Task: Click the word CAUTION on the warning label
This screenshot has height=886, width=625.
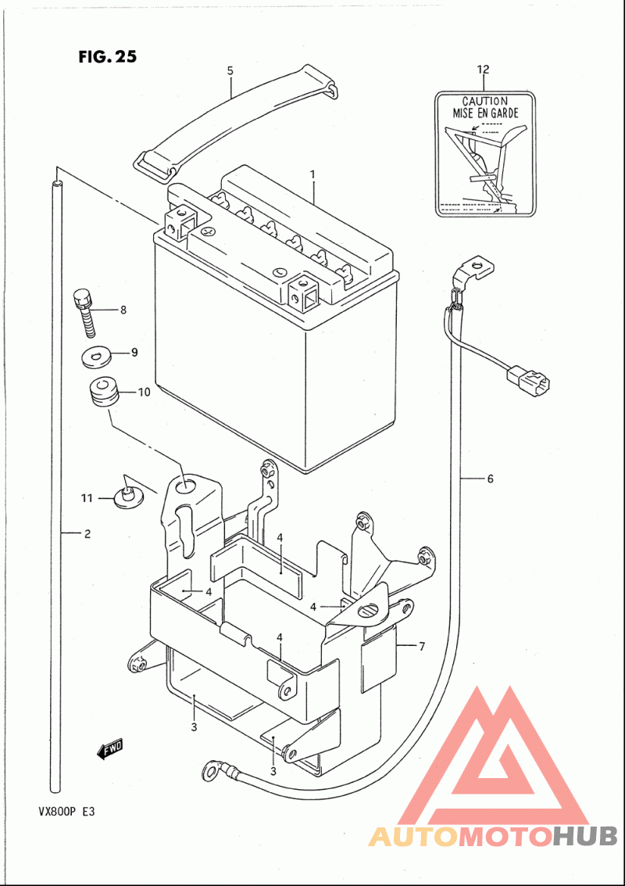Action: [x=484, y=101]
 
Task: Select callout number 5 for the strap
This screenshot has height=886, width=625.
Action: [x=230, y=71]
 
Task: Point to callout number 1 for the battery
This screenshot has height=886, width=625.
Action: [x=312, y=173]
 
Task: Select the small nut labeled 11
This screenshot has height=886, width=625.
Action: [x=126, y=495]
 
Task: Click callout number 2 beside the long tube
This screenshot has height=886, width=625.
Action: [x=87, y=535]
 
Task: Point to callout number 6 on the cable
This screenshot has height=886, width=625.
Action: [x=490, y=479]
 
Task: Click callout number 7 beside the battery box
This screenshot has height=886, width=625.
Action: [x=421, y=646]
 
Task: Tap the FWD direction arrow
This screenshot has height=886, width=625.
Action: [x=110, y=750]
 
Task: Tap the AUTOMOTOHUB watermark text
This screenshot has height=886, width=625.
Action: [x=492, y=837]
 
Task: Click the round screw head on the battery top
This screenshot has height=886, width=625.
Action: [x=209, y=232]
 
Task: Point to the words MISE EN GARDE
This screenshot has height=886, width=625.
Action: [x=484, y=113]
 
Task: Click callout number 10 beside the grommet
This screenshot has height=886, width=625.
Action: [x=144, y=393]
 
